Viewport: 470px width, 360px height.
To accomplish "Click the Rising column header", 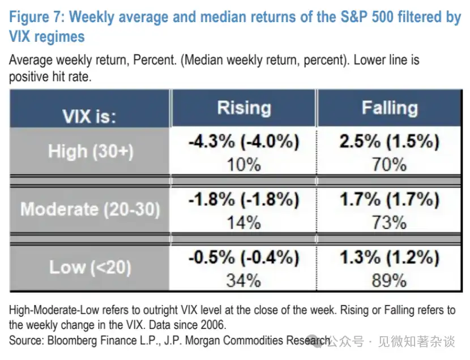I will point(243,108).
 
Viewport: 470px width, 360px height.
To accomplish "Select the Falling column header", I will point(390,108).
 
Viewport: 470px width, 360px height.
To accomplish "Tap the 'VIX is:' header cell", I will point(89,117).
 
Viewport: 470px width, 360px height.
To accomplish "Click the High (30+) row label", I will point(90,151).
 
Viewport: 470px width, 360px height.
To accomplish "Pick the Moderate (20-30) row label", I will point(90,209).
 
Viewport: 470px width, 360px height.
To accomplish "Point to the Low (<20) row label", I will point(90,267).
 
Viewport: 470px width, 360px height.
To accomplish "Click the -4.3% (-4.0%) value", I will point(243,142).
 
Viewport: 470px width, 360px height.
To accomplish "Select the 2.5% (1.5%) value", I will point(390,142).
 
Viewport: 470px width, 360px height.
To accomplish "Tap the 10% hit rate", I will point(244,165).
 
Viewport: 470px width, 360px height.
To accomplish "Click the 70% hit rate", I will point(390,165).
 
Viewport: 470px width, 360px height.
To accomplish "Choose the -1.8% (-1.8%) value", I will point(243,200).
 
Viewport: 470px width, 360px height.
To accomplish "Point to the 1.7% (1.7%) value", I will point(390,200).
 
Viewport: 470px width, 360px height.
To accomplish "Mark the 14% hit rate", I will point(244,222).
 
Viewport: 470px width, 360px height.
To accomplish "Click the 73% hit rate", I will point(390,222).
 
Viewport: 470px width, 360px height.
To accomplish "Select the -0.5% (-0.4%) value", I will point(243,258).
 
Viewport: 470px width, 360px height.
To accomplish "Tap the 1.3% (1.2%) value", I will point(390,258).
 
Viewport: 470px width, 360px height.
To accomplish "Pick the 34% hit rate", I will point(244,280).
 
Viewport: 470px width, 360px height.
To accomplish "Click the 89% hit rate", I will point(390,280).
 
